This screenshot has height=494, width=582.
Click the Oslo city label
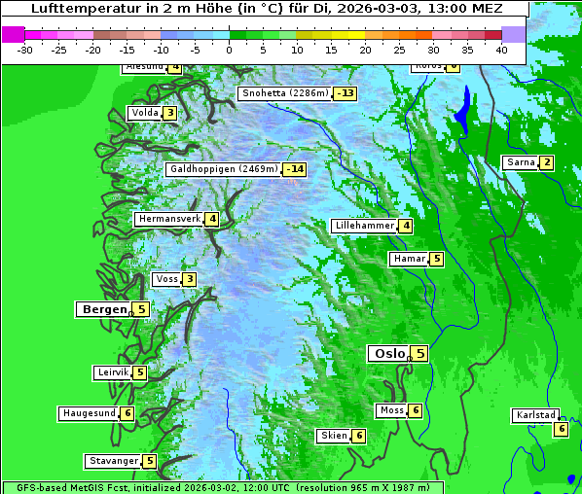pos(388,354)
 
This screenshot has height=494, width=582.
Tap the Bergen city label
pos(104,309)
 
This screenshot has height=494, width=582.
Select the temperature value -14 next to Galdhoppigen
pos(296,169)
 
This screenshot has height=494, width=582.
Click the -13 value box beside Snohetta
pos(345,93)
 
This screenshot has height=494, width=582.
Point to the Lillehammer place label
pos(364,226)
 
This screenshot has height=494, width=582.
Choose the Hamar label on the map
pos(408,259)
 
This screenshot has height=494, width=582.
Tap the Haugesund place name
pos(89,413)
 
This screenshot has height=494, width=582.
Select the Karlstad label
pos(535,415)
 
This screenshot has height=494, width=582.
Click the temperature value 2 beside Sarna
pos(547,162)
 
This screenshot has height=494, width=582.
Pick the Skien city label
pos(334,436)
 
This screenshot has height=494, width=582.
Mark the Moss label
pos(391,410)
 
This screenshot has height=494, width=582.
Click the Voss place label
pos(166,279)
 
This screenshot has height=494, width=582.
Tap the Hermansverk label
pos(168,219)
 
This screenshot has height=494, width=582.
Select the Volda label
pos(144,113)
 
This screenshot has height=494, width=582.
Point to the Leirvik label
pos(113,372)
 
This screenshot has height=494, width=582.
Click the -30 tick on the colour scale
pos(25,49)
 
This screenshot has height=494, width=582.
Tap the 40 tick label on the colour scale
pos(501,49)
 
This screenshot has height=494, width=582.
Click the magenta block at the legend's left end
pos(14,34)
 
